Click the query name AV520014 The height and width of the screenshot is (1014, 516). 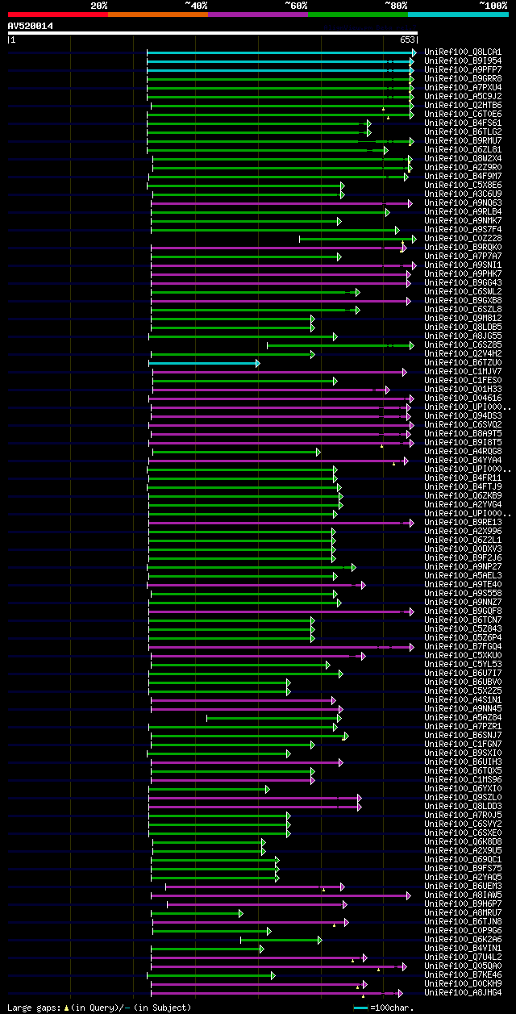(x=31, y=26)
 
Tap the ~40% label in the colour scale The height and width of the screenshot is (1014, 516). (x=196, y=5)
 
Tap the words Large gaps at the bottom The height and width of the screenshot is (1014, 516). (x=32, y=1008)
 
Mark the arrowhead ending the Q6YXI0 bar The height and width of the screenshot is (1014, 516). (x=268, y=789)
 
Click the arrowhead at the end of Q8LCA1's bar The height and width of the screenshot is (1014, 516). (x=414, y=52)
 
